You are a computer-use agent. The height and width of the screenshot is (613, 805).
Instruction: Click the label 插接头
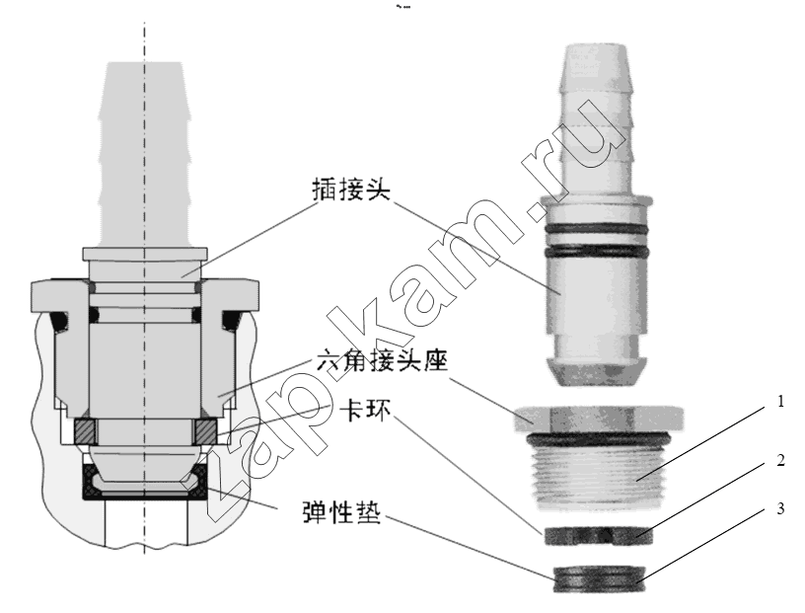[x=351, y=190]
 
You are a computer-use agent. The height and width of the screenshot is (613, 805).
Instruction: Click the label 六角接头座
[x=382, y=360]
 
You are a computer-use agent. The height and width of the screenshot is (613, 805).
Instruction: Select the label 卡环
[x=365, y=410]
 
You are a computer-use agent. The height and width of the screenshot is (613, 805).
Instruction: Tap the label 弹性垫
[x=341, y=511]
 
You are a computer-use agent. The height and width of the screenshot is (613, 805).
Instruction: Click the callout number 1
[x=780, y=401]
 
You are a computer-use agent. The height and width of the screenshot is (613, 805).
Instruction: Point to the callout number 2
[x=780, y=460]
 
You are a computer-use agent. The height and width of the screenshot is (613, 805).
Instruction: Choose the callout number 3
[x=780, y=508]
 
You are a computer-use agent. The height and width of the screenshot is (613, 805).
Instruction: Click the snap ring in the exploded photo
[x=598, y=536]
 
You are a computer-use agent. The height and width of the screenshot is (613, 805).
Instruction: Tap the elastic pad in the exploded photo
[x=599, y=579]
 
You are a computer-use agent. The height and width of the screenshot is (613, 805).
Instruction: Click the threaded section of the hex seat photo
[x=598, y=477]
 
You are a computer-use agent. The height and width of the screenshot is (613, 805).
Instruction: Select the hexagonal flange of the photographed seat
[x=598, y=419]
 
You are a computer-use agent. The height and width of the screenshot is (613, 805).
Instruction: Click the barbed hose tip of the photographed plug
[x=596, y=119]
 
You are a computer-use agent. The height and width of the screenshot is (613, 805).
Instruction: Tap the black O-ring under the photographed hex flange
[x=598, y=439]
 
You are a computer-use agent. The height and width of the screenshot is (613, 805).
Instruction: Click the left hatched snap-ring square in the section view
[x=85, y=431]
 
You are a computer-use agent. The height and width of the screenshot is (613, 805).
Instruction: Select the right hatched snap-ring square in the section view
[x=206, y=431]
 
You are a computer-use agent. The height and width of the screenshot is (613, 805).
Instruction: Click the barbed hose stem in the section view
[x=145, y=154]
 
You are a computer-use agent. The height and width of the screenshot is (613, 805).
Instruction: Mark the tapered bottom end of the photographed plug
[x=597, y=371]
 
